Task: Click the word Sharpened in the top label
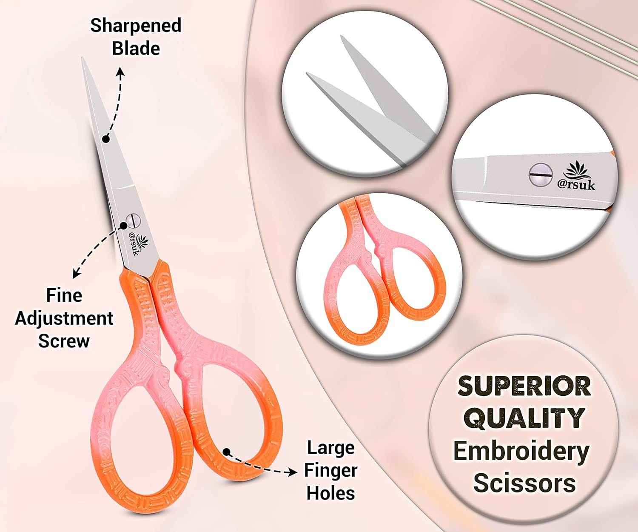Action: (x=136, y=26)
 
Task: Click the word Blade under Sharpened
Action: (x=136, y=49)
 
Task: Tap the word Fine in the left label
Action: (x=64, y=295)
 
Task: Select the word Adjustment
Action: (x=64, y=318)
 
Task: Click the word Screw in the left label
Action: (x=64, y=341)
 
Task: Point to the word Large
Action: (x=330, y=448)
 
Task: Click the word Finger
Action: (x=330, y=470)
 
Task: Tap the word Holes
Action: (x=330, y=493)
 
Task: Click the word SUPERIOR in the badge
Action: (x=524, y=386)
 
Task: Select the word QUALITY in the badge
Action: (x=524, y=418)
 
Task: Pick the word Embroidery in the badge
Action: (x=521, y=451)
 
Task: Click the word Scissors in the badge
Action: (x=524, y=483)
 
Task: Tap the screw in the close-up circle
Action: (x=540, y=175)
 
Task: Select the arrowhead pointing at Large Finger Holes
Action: (x=293, y=472)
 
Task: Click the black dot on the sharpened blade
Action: (x=106, y=139)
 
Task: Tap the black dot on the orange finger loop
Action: (x=226, y=452)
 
